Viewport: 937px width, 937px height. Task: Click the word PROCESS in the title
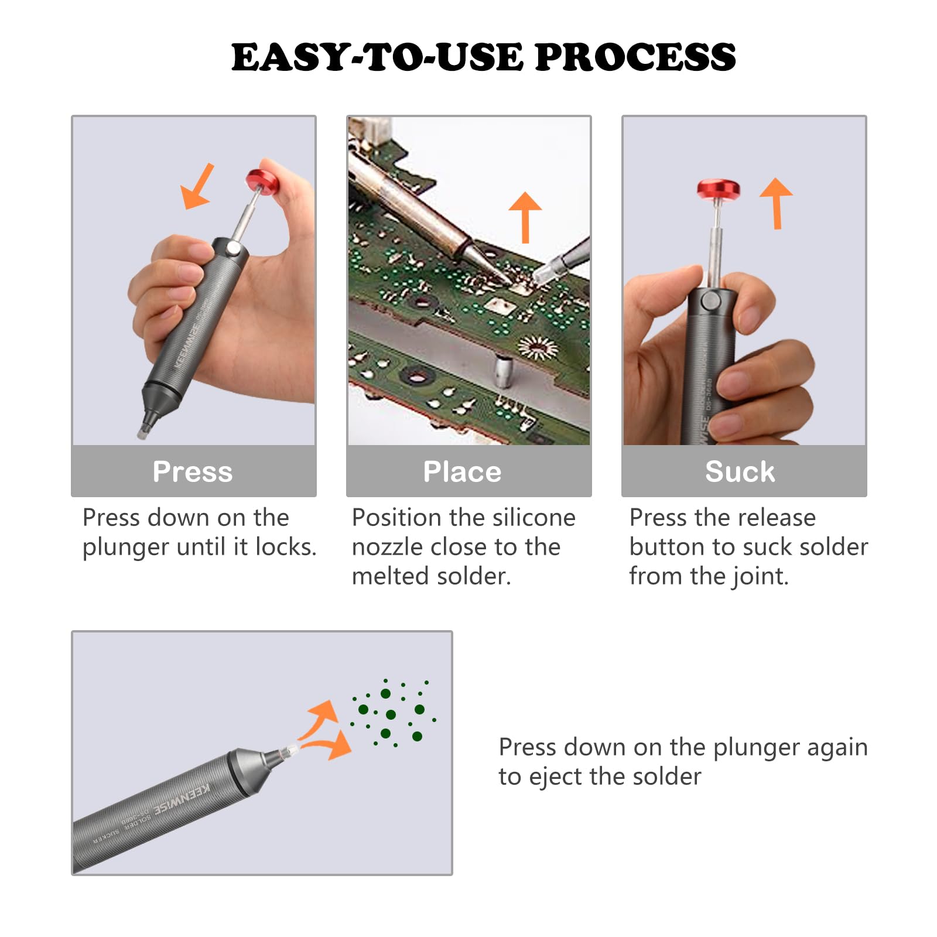click(635, 57)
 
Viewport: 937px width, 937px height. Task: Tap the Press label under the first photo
click(193, 471)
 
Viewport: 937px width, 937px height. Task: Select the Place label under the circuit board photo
click(462, 471)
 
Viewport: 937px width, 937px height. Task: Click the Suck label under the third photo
click(740, 471)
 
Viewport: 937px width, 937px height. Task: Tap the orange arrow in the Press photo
click(197, 187)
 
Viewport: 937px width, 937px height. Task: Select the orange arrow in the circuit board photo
click(525, 216)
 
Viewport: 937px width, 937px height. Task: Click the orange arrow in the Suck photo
click(777, 202)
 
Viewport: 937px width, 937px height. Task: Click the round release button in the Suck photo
click(711, 302)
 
